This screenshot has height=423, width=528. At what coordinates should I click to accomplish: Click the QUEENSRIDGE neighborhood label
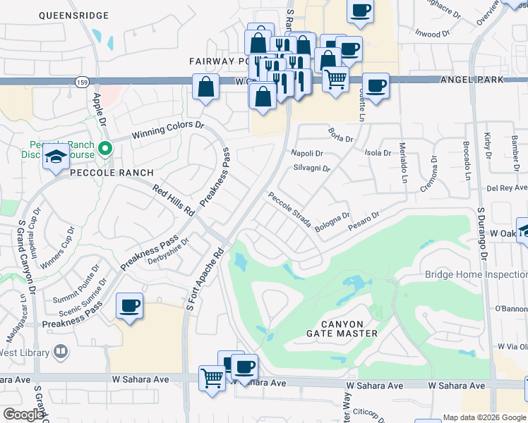(74, 15)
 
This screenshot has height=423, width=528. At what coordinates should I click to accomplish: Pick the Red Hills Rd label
(174, 200)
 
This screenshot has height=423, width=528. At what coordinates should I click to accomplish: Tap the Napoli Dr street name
(307, 153)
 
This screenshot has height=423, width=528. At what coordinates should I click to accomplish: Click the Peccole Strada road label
(289, 209)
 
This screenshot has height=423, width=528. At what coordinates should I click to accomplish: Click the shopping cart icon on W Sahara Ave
(212, 377)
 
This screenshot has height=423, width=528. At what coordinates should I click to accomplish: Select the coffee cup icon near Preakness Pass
(130, 305)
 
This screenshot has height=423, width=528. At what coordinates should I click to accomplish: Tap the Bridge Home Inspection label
(476, 274)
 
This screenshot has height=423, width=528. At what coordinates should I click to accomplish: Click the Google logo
(23, 415)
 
